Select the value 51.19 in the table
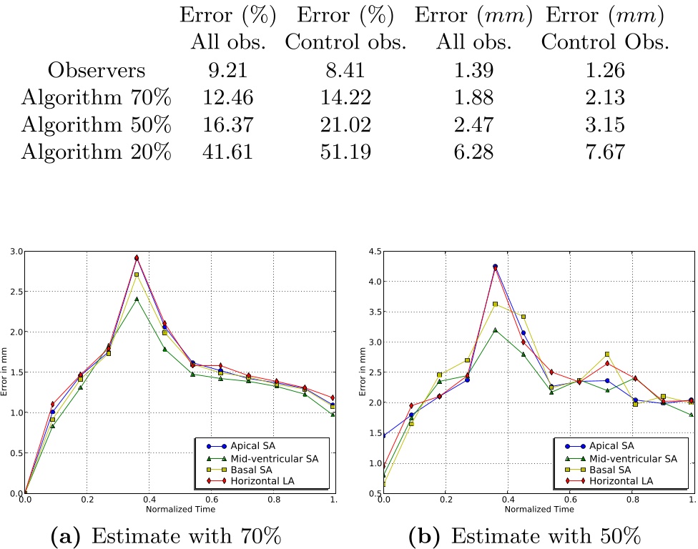(x=345, y=152)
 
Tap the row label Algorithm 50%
(x=97, y=124)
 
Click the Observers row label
(x=97, y=70)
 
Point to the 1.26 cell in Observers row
(x=604, y=70)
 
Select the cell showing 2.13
(x=604, y=97)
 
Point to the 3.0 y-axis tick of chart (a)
(x=14, y=252)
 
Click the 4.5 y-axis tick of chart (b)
(x=373, y=252)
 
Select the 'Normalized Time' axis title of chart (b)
(x=539, y=510)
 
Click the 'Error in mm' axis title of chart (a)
(x=6, y=372)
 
